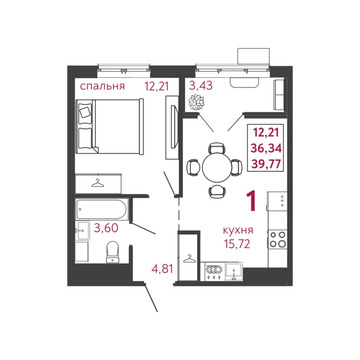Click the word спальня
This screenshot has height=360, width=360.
pyautogui.click(x=103, y=87)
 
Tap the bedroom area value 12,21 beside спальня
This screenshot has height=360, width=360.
pyautogui.click(x=155, y=87)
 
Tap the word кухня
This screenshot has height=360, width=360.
pyautogui.click(x=238, y=231)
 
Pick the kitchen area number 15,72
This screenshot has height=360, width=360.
pyautogui.click(x=238, y=245)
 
